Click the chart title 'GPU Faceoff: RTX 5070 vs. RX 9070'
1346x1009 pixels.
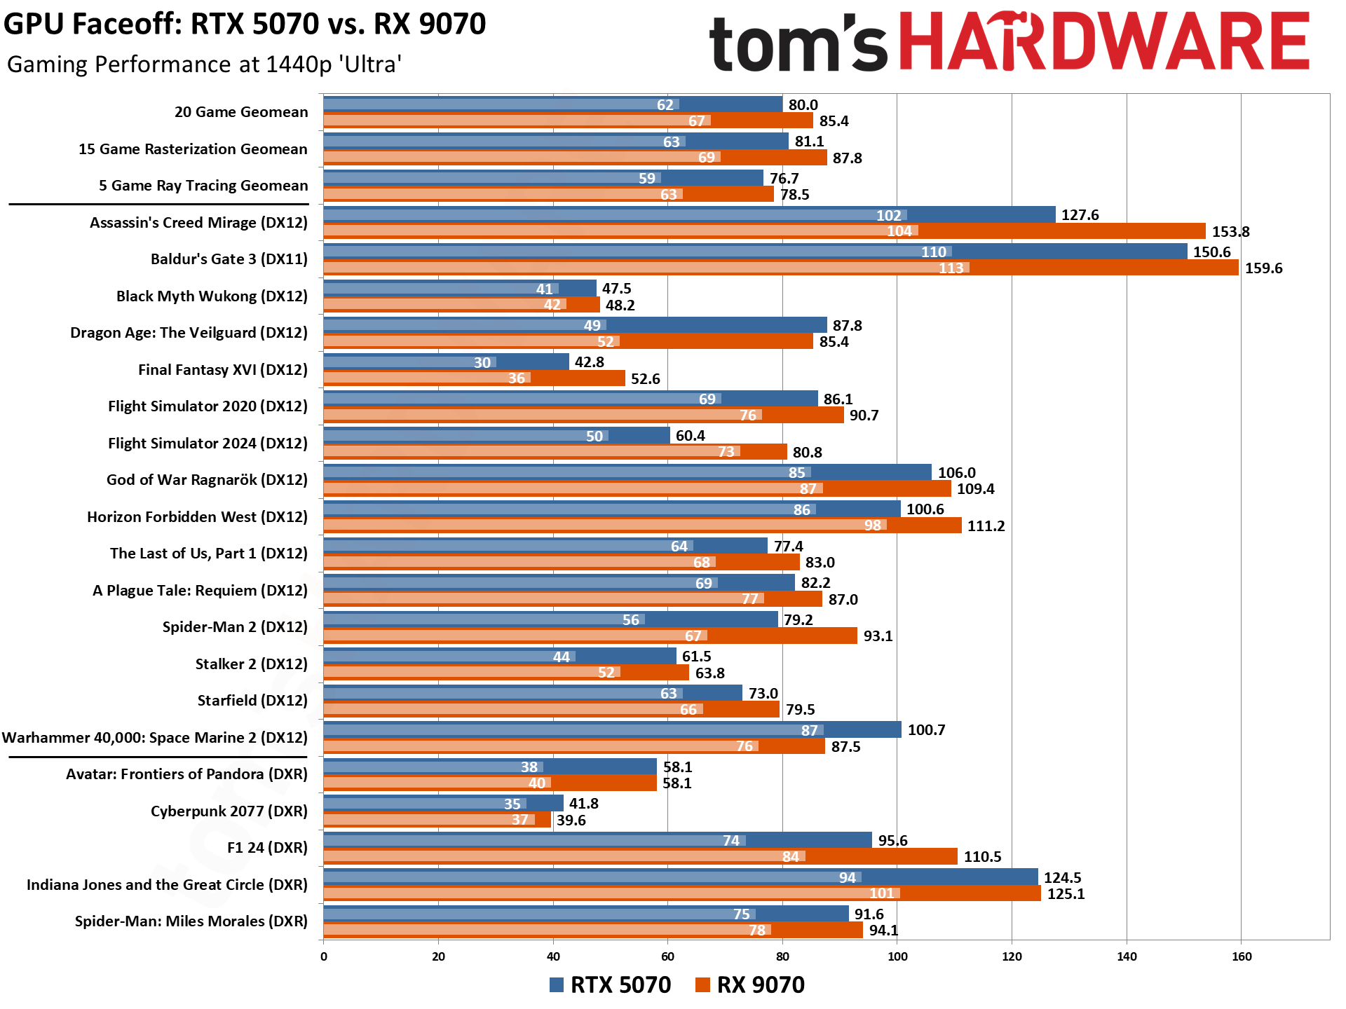245,25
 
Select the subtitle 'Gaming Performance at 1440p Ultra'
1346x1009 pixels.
204,64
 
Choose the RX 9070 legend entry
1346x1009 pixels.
750,984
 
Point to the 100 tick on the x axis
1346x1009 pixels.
897,956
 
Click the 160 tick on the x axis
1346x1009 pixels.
1241,956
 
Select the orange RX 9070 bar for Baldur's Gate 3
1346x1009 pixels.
780,268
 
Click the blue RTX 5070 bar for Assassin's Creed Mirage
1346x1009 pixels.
689,214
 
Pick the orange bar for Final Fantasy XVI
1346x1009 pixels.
474,378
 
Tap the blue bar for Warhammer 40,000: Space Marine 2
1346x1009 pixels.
612,729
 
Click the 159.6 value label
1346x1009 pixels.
1263,268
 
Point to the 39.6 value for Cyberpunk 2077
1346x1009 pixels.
571,820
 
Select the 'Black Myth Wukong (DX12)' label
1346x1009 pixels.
212,296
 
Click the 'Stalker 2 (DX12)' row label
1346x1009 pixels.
251,664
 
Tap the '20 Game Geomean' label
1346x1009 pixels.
241,112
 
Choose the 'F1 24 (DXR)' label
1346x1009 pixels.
267,847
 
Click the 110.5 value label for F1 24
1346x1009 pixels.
982,856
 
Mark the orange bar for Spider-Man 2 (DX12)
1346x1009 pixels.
590,636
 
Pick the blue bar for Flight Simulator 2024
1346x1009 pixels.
496,435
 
